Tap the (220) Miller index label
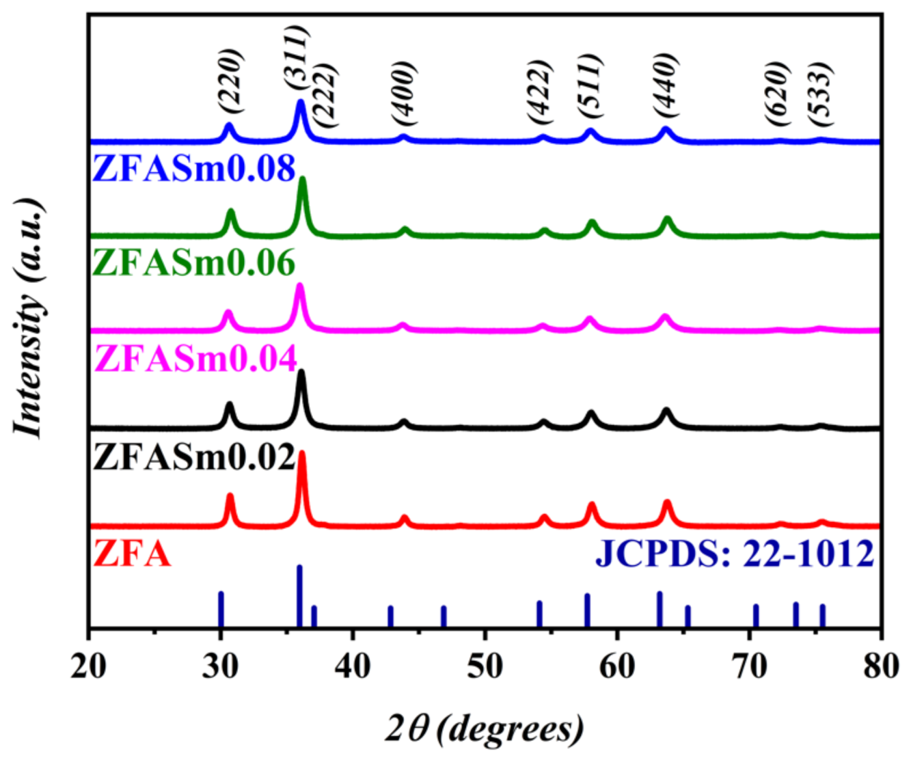click(231, 81)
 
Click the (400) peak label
click(405, 93)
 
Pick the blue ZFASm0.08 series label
click(193, 168)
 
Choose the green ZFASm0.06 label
click(193, 262)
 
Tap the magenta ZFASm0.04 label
click(196, 358)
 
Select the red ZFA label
click(132, 554)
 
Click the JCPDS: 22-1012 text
click(735, 554)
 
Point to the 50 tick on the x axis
click(485, 666)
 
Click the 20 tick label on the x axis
click(89, 666)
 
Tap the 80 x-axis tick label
click(880, 666)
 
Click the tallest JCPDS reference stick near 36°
click(299, 595)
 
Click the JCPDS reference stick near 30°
click(221, 608)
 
